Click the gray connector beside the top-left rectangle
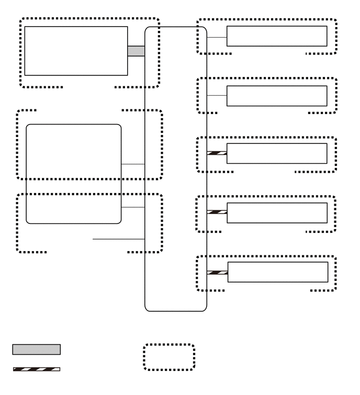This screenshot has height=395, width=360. [136, 51]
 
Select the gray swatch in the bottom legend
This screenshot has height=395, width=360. [36, 349]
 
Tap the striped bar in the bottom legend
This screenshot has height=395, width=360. [36, 369]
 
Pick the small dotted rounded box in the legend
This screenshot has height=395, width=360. [169, 357]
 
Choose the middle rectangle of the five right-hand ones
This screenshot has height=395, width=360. [277, 153]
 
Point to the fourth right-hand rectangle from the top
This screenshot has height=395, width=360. [277, 212]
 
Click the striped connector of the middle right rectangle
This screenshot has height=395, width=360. [217, 153]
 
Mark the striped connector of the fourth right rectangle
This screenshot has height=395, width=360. [217, 212]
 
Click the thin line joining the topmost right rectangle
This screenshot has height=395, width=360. [217, 37]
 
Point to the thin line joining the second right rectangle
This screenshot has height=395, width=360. [217, 96]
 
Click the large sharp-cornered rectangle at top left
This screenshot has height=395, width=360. [76, 51]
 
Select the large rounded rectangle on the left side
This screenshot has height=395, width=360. [73, 174]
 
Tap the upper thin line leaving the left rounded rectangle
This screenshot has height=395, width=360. [133, 164]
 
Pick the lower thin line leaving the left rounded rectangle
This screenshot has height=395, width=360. [133, 207]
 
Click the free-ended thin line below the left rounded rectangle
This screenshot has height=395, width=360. [118, 239]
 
